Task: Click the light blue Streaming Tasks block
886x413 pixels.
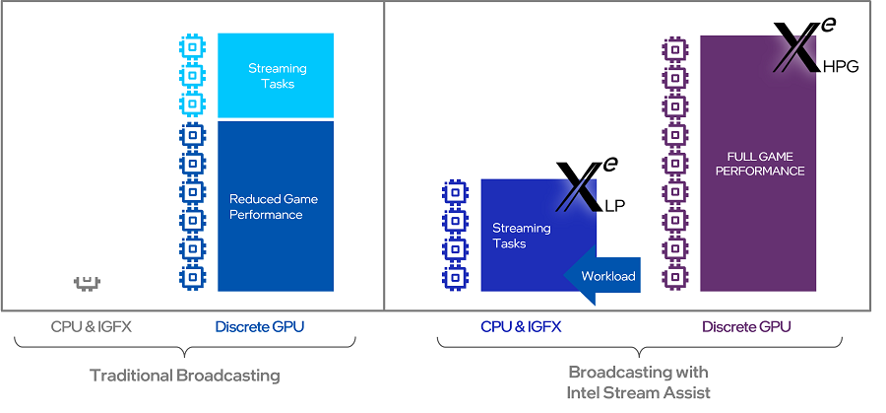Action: [x=276, y=76]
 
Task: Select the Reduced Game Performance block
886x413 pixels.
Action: [x=276, y=206]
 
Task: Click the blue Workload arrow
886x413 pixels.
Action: [x=602, y=275]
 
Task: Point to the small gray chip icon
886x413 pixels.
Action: [x=88, y=283]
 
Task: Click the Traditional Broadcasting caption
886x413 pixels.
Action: [x=185, y=376]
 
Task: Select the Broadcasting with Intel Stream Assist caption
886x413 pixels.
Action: [x=638, y=382]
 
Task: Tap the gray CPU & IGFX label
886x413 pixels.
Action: [x=90, y=326]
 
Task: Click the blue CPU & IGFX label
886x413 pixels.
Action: [x=522, y=326]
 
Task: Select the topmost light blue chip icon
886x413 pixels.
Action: [x=192, y=45]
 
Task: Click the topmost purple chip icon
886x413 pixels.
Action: [x=675, y=47]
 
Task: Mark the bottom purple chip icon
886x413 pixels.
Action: [x=675, y=279]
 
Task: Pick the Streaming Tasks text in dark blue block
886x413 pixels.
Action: [x=522, y=236]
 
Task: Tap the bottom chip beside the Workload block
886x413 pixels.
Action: [x=455, y=279]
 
